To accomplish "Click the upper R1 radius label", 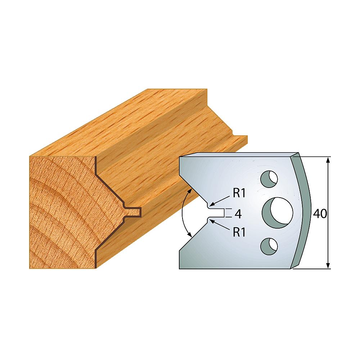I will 239,193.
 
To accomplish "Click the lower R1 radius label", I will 239,232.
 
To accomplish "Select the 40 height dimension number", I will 319,213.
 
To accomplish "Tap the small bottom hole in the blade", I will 268,246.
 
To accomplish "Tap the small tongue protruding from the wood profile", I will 135,211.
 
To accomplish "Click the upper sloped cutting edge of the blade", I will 194,190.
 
